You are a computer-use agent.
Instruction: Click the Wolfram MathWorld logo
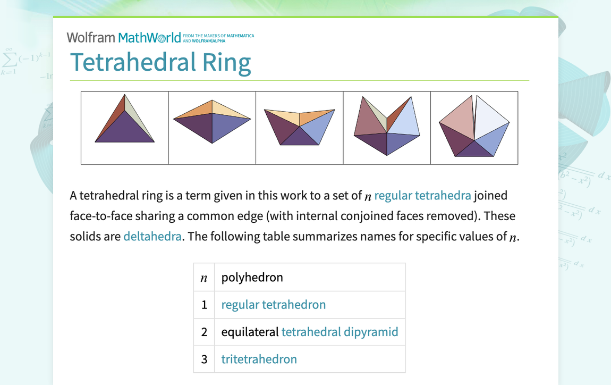click(123, 38)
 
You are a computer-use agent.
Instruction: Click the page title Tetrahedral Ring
click(160, 62)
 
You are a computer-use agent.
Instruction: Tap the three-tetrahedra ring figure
click(299, 127)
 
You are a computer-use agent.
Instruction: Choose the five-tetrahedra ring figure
click(474, 128)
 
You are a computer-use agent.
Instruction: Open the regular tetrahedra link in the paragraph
click(422, 196)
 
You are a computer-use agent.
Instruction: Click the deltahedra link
click(152, 236)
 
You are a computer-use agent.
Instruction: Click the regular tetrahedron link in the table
click(273, 305)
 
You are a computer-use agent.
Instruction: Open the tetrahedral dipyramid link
click(340, 332)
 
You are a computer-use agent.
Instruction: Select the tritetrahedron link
click(259, 359)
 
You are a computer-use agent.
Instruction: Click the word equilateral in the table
click(250, 332)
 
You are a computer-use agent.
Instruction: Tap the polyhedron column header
click(252, 277)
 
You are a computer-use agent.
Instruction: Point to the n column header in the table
click(204, 278)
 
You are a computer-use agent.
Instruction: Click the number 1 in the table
click(204, 305)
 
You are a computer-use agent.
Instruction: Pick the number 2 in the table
click(204, 332)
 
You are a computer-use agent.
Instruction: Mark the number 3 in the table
click(204, 359)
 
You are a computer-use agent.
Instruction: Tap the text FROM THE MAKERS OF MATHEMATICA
click(218, 36)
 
